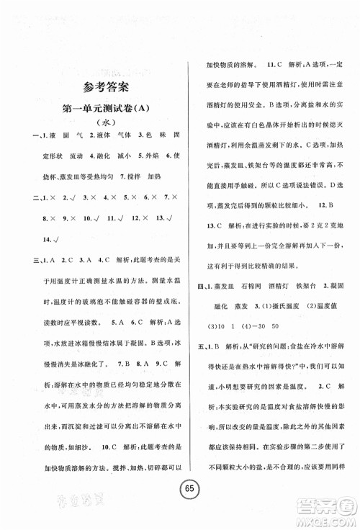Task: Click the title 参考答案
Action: tap(104, 89)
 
